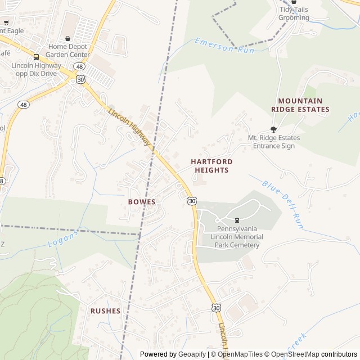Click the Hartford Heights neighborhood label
click(211, 165)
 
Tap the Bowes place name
click(141, 201)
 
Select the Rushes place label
click(105, 310)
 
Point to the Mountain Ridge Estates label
click(300, 105)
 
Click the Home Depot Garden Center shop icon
click(68, 38)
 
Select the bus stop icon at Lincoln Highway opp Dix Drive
click(37, 57)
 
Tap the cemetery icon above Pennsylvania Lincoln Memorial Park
click(237, 220)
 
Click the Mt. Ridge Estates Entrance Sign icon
click(273, 129)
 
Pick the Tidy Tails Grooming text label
click(294, 13)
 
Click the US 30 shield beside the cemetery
click(192, 201)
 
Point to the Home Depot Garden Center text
click(68, 51)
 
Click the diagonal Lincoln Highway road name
click(130, 127)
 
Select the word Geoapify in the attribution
click(192, 354)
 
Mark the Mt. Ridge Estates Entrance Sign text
click(273, 142)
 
